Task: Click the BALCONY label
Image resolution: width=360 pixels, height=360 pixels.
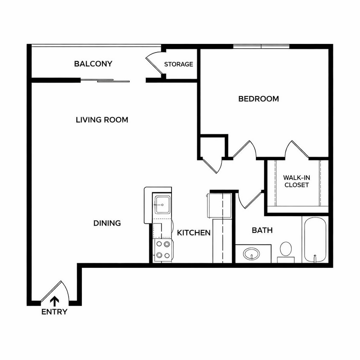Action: [x=93, y=64]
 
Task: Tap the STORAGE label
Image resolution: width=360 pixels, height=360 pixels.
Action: [x=179, y=64]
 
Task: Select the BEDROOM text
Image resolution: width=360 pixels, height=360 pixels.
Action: [x=258, y=99]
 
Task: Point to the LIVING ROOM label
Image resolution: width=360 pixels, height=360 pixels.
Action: [x=102, y=120]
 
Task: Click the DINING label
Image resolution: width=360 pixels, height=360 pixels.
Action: [x=107, y=223]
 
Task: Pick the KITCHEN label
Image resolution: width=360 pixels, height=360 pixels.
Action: [x=194, y=233]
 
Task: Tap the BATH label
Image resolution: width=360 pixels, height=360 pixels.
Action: [x=262, y=230]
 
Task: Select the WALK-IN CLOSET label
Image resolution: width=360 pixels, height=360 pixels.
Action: [x=296, y=181]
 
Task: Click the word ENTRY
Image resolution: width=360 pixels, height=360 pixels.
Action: [x=55, y=312]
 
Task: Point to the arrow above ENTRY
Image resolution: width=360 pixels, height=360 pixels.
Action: [x=55, y=302]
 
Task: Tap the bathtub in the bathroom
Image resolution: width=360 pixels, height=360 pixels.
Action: [x=315, y=239]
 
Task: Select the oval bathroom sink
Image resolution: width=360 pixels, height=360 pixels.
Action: [x=252, y=254]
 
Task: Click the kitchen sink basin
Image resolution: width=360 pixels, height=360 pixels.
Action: [x=163, y=205]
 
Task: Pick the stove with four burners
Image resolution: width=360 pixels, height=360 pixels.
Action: [x=163, y=250]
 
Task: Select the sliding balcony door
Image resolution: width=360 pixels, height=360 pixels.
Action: [x=105, y=80]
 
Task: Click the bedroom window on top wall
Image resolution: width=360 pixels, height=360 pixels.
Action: [x=261, y=46]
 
